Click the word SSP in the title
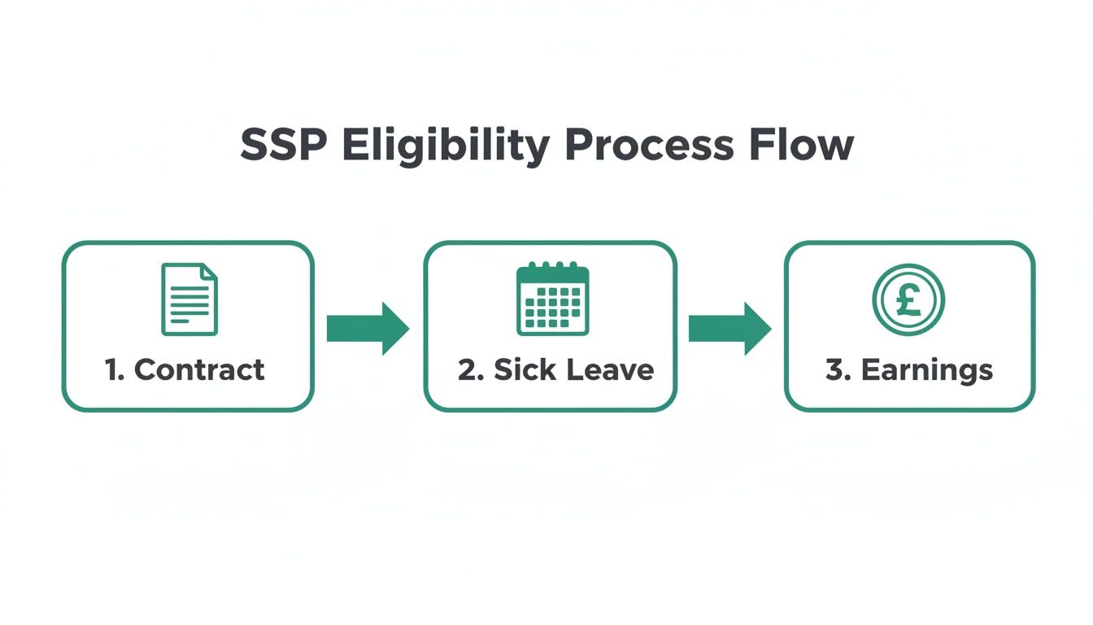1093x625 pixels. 284,146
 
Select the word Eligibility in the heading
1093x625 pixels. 444,147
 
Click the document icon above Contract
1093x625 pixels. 189,299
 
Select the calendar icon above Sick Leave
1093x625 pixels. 552,299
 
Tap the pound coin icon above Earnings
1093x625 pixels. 908,299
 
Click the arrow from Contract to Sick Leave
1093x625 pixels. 368,329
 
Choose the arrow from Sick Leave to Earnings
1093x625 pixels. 729,329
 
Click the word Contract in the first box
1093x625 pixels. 199,369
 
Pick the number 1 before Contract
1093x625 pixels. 113,369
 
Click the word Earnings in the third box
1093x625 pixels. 927,369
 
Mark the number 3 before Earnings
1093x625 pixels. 835,369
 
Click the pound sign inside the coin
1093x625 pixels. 908,299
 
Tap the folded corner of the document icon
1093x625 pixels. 210,271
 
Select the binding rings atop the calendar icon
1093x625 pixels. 552,266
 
